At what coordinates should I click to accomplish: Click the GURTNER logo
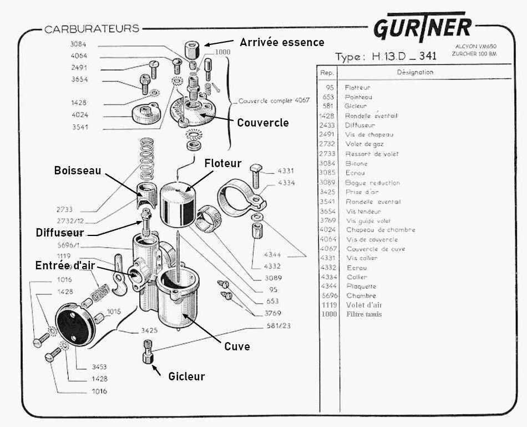pyautogui.click(x=423, y=28)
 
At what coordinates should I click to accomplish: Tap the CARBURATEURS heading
pyautogui.click(x=92, y=29)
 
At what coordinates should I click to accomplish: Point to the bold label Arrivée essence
pyautogui.click(x=282, y=42)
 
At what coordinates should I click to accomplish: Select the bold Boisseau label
pyautogui.click(x=78, y=170)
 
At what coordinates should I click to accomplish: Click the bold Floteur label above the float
pyautogui.click(x=223, y=163)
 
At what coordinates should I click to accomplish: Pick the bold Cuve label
pyautogui.click(x=237, y=346)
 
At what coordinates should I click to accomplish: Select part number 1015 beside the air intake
pyautogui.click(x=114, y=311)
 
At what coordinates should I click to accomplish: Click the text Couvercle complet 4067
pyautogui.click(x=274, y=101)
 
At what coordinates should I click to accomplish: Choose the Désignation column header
pyautogui.click(x=415, y=72)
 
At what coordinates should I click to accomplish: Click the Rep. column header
pyautogui.click(x=327, y=72)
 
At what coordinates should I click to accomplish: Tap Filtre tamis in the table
pyautogui.click(x=363, y=314)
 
